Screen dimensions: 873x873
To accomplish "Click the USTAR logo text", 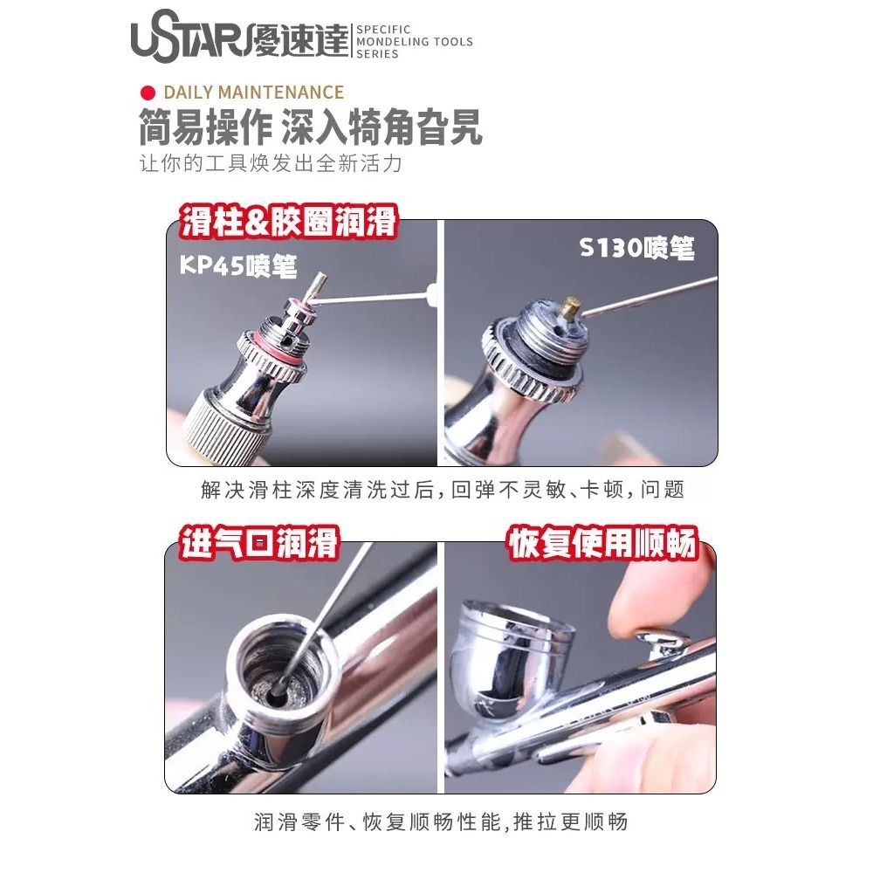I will coord(188,40).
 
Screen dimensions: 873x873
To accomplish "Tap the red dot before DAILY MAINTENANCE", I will coord(148,93).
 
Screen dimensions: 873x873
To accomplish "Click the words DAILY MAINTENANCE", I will coord(253,93).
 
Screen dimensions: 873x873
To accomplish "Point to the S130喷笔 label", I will coord(637,249).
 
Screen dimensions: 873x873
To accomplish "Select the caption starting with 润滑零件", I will coord(441,821).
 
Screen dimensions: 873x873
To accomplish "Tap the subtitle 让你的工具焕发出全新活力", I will coord(271,164).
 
